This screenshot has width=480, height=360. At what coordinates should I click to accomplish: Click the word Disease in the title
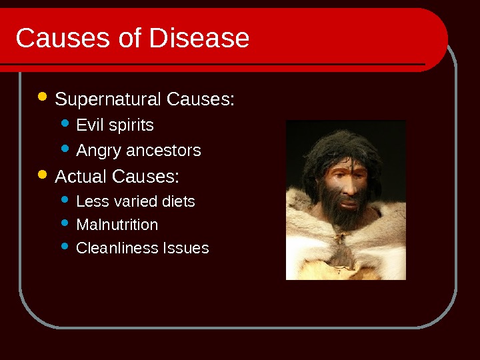(199, 38)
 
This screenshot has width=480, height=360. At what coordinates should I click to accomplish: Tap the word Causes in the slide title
(63, 38)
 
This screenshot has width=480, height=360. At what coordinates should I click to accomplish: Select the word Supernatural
(108, 99)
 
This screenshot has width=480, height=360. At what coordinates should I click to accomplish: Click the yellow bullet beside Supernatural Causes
(42, 97)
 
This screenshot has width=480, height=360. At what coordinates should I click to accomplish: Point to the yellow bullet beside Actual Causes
(42, 174)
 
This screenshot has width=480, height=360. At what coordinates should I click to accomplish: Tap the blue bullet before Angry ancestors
(65, 149)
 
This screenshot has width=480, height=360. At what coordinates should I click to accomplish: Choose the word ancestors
(163, 151)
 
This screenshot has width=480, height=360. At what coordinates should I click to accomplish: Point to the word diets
(179, 201)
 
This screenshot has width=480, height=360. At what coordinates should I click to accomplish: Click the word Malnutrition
(117, 225)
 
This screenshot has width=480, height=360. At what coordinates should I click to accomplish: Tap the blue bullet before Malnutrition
(65, 223)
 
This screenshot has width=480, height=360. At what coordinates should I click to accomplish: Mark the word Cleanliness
(117, 247)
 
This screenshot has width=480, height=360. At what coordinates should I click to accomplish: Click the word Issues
(186, 247)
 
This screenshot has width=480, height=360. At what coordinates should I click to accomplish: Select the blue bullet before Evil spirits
(65, 123)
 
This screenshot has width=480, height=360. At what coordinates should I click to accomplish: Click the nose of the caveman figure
(348, 187)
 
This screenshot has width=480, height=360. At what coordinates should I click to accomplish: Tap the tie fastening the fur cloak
(341, 237)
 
